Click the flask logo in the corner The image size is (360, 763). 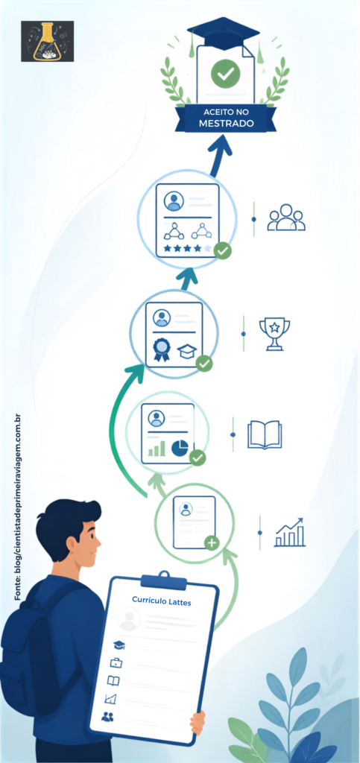coord(47,41)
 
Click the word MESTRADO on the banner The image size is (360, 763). coord(227,123)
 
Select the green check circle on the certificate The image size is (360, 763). coord(225,74)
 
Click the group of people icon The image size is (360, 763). coord(286,217)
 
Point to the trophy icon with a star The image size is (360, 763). coord(274,333)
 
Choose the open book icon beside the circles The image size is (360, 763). coord(264,434)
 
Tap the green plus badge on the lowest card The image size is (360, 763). coord(212,542)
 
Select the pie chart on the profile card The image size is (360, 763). coord(180,448)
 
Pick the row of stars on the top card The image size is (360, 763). coord(188,248)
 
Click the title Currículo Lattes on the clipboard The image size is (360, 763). coord(162,602)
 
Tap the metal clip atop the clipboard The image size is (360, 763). coord(163,580)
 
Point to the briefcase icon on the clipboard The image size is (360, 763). coord(116,662)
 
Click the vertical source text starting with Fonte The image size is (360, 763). coord(17,507)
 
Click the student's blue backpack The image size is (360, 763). coord(27,657)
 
